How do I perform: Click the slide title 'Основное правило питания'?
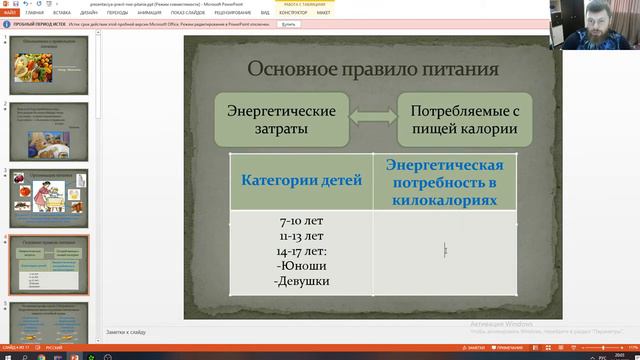(x=373, y=69)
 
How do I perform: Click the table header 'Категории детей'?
(x=301, y=181)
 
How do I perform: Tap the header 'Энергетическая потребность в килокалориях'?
(x=444, y=181)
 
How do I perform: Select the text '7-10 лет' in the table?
(x=301, y=221)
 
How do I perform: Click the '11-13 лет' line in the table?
(x=301, y=236)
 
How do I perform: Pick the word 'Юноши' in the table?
(x=301, y=266)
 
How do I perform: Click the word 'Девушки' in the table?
(x=301, y=281)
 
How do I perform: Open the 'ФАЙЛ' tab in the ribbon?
(x=11, y=14)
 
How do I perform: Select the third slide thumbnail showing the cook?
(x=50, y=196)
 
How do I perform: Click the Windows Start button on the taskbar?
(x=6, y=354)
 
